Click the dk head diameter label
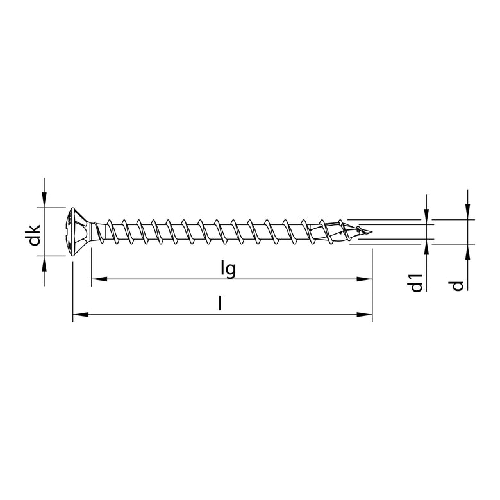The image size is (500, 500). (37, 233)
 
